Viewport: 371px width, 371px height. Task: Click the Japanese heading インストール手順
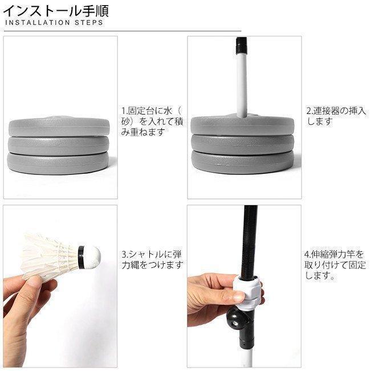pos(56,11)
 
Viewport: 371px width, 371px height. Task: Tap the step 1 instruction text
pos(152,121)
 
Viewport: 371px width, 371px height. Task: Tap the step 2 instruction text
pos(336,116)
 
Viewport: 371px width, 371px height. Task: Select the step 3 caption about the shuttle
pos(152,259)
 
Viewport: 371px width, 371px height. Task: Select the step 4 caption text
pos(335,265)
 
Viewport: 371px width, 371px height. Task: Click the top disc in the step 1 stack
pos(59,127)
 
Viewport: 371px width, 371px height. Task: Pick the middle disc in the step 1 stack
pos(59,145)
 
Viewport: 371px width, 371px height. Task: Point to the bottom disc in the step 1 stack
pos(58,163)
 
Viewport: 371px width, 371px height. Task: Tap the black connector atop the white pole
pos(242,46)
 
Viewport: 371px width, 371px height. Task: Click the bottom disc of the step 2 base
pos(243,162)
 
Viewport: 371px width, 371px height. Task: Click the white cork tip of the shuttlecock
pos(93,257)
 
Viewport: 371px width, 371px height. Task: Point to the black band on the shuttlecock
pos(81,258)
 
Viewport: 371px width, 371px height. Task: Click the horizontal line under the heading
pos(123,31)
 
